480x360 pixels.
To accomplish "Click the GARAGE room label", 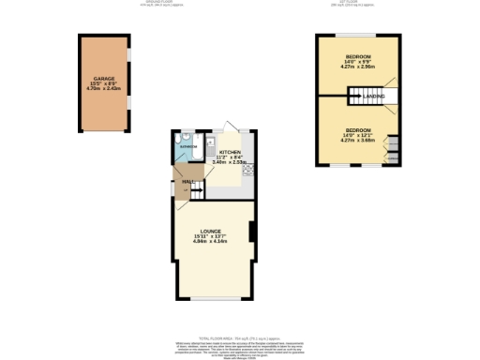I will point(103,79).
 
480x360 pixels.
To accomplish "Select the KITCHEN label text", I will point(230,151).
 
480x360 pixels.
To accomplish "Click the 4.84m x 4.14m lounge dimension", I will point(212,242).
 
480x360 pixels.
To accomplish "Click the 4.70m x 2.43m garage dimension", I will point(103,90).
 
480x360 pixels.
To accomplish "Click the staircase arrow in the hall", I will point(196,190).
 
